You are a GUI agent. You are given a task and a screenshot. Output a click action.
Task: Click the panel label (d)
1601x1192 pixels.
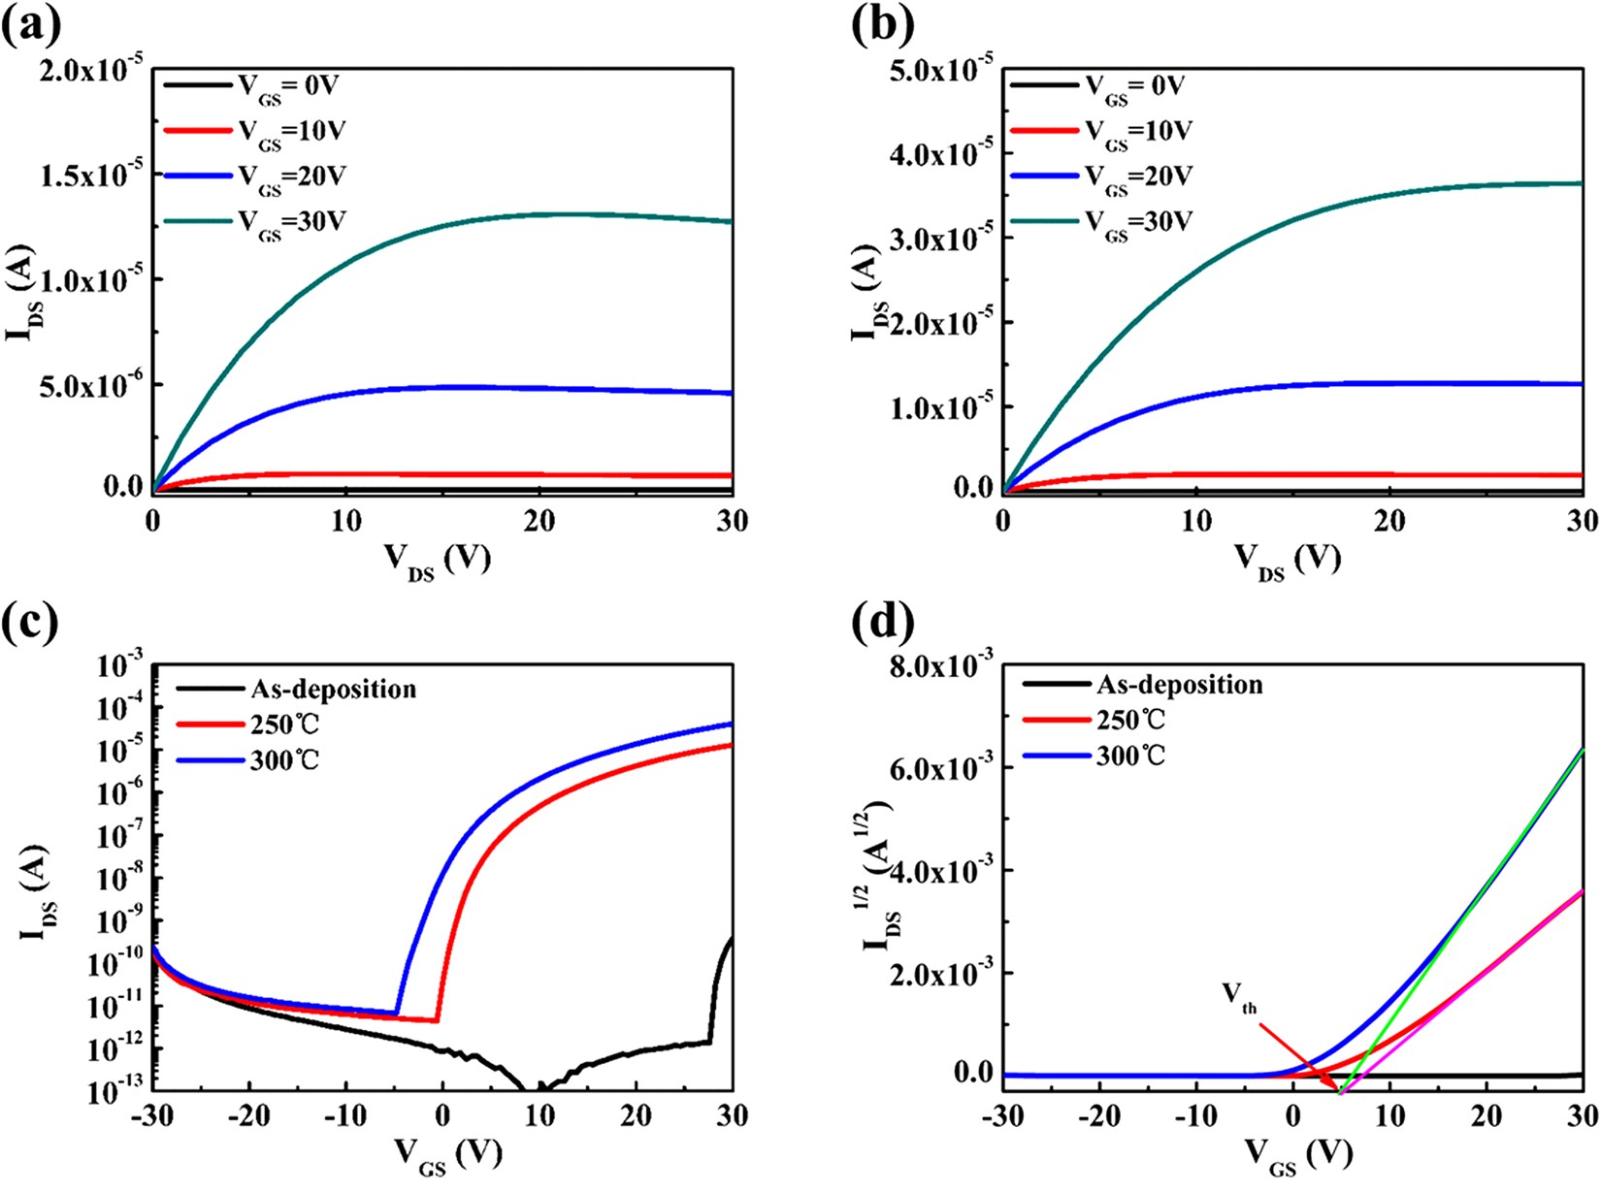pyautogui.click(x=881, y=624)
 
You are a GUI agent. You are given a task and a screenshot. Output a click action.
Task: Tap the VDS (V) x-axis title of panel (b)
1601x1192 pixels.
pyautogui.click(x=1287, y=559)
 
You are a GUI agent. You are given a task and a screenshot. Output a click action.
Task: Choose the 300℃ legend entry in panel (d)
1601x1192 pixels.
pyautogui.click(x=1131, y=756)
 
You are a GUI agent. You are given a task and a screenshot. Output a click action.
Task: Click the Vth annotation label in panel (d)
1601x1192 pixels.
pyautogui.click(x=1239, y=993)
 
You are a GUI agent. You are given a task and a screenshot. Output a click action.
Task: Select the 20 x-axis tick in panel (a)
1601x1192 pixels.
pyautogui.click(x=539, y=521)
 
